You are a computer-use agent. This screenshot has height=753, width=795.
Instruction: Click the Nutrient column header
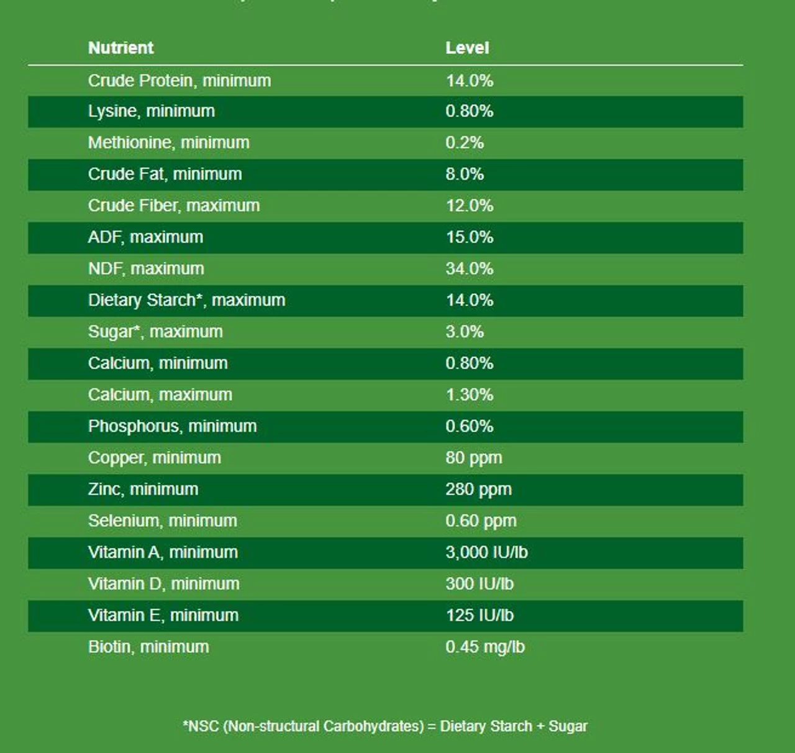click(x=120, y=48)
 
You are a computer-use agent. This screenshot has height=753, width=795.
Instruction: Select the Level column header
click(x=467, y=48)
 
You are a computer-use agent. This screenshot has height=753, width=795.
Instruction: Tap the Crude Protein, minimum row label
click(x=179, y=81)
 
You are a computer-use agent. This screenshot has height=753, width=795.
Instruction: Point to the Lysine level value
click(x=469, y=111)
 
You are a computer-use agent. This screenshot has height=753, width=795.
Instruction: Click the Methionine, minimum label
click(x=168, y=143)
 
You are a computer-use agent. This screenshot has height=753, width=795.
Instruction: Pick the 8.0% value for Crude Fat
click(x=464, y=174)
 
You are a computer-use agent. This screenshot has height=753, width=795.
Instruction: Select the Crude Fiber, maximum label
click(x=174, y=206)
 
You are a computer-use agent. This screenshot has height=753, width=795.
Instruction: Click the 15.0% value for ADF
click(x=469, y=237)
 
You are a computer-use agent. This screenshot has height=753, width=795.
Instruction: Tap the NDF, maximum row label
click(x=146, y=269)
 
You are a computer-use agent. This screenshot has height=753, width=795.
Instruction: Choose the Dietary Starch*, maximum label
click(x=186, y=300)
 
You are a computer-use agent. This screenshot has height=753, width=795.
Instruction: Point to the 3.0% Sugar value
click(x=464, y=332)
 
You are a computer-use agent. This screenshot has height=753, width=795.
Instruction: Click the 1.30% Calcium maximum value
click(x=469, y=395)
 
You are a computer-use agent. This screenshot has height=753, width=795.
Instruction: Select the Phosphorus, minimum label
click(x=172, y=426)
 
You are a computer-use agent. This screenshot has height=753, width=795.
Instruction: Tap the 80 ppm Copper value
click(x=473, y=458)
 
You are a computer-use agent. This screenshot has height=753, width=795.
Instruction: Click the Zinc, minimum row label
click(x=143, y=490)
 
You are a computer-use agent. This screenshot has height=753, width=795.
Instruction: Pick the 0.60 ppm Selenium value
click(x=481, y=521)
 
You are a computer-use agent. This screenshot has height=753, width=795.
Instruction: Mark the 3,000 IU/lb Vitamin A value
click(x=486, y=552)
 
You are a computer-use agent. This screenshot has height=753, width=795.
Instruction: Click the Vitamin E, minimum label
click(x=163, y=615)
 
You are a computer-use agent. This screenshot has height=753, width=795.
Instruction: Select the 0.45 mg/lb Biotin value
click(x=484, y=647)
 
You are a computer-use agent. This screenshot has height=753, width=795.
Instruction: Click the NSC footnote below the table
click(x=385, y=726)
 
